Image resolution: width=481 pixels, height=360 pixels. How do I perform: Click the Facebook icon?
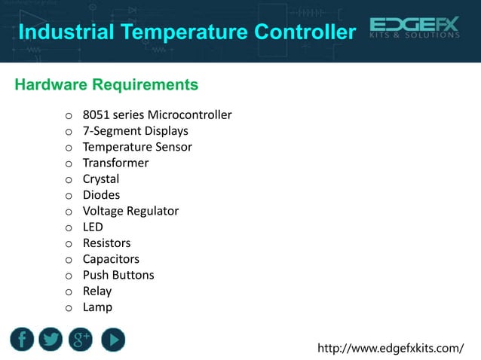tap(22, 340)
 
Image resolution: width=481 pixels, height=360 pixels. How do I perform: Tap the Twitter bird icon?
tap(51, 340)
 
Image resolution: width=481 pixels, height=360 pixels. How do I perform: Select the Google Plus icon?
tap(81, 340)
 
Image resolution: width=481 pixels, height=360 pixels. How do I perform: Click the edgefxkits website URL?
tap(391, 348)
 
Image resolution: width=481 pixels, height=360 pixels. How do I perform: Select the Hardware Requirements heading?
tap(106, 84)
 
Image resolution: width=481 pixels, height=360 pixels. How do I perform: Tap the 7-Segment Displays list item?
tap(135, 131)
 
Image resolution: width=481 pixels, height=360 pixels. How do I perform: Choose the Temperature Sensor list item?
tap(137, 147)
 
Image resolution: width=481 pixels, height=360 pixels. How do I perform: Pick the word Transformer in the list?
tap(115, 163)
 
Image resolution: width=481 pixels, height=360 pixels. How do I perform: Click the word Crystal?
tap(101, 179)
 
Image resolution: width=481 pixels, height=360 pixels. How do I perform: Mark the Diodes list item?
tap(101, 195)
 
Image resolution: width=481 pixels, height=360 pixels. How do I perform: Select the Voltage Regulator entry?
tap(130, 211)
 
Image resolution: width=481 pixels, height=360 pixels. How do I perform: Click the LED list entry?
tap(93, 227)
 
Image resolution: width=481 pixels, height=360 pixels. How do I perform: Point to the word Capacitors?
tap(111, 259)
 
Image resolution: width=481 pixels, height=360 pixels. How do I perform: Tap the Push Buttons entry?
tap(118, 275)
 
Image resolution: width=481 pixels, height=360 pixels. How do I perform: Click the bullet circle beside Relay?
tap(68, 291)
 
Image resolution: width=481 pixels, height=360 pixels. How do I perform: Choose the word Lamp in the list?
tap(97, 307)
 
